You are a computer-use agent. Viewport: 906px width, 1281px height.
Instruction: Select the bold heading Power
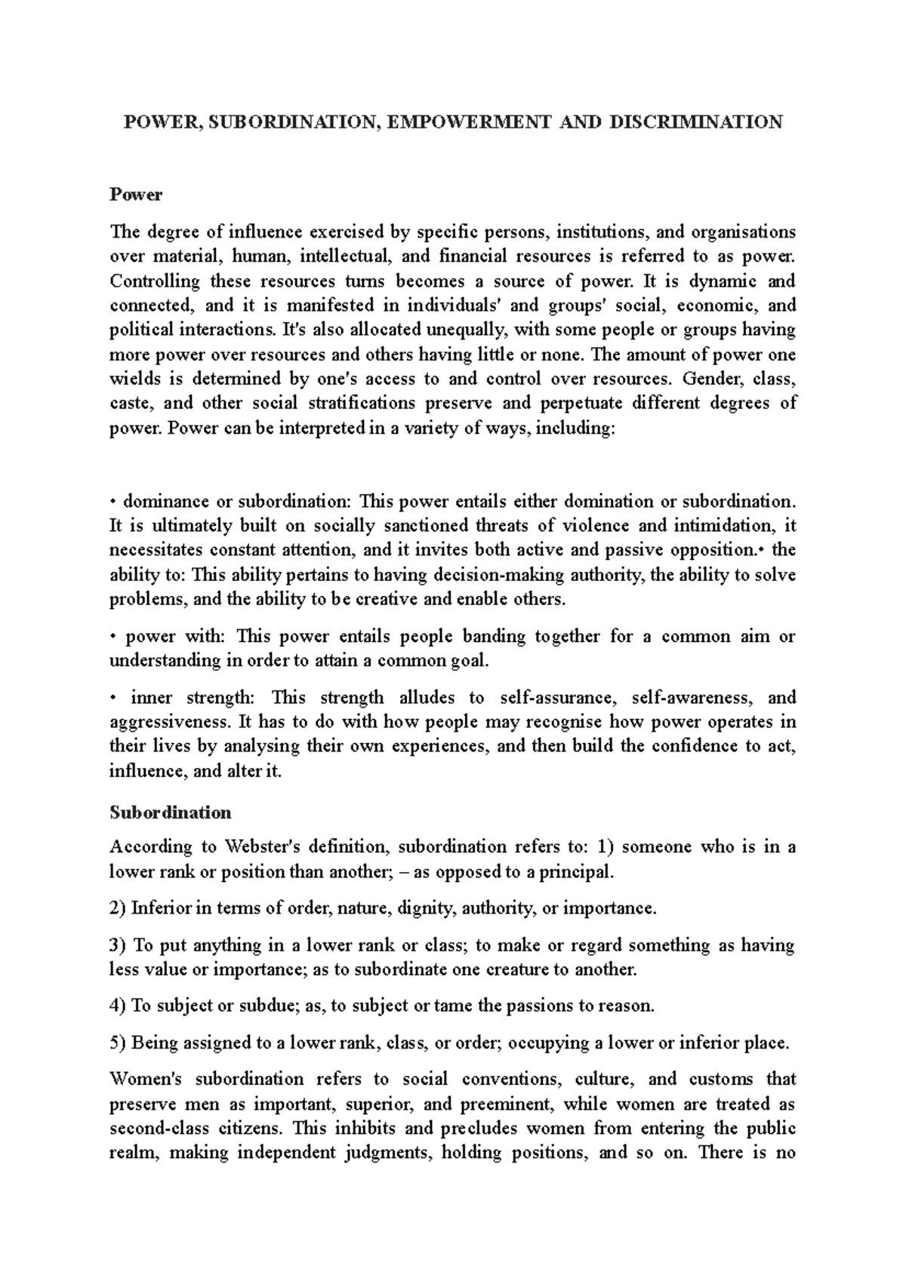[x=136, y=195]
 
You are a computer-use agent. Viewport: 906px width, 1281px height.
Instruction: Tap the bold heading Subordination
[x=170, y=813]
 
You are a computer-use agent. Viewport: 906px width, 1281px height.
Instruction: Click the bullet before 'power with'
[x=112, y=637]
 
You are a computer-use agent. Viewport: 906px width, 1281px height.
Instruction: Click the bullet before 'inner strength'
[x=112, y=698]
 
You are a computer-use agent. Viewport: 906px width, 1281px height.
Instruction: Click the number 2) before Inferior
[x=118, y=908]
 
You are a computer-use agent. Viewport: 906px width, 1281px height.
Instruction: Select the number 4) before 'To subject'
[x=118, y=1006]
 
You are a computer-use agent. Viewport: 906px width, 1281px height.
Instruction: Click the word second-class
[x=157, y=1129]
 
